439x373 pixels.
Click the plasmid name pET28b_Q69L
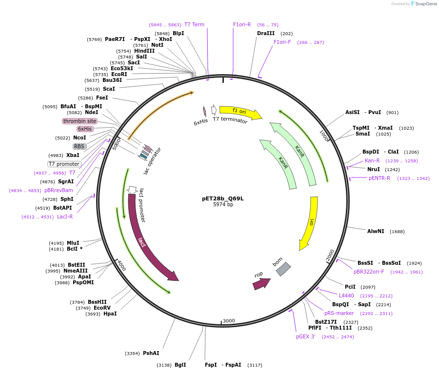223,198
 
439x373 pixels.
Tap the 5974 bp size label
223,205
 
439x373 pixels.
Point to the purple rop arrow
261,283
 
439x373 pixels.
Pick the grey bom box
283,269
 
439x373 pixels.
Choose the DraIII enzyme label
266,34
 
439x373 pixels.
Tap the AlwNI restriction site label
376,231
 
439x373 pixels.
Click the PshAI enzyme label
151,353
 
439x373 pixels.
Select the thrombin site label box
80,121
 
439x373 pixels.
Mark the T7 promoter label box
64,164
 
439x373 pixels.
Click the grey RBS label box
79,146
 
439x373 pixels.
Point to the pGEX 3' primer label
306,336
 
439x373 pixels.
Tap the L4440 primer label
346,295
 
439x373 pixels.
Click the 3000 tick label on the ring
229,321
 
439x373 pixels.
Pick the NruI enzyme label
374,170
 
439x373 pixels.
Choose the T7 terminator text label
230,120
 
